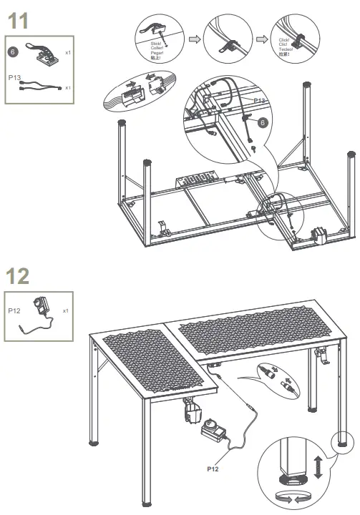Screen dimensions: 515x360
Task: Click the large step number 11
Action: point(18,21)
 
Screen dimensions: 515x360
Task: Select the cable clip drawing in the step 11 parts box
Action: point(42,53)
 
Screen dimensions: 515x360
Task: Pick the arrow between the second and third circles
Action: point(261,39)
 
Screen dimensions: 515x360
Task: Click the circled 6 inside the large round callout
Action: point(263,123)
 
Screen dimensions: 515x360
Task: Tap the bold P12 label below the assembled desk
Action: point(213,471)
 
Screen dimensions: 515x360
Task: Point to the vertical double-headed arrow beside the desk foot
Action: point(318,469)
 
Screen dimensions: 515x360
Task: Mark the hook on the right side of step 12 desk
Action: point(325,355)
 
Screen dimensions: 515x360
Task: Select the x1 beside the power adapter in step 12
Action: point(66,311)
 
